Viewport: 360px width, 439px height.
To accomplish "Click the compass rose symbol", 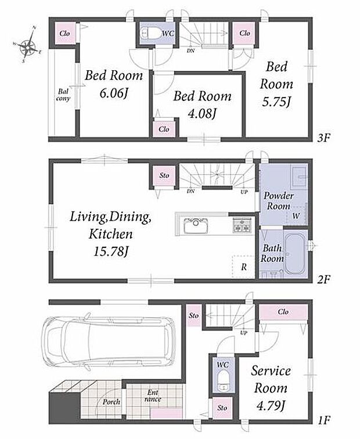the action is pos(28,44).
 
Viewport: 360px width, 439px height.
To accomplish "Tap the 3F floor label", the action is pos(324,138).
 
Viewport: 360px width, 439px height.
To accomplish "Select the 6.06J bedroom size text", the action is pos(114,93).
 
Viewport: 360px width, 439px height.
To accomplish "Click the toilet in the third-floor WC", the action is pos(149,33).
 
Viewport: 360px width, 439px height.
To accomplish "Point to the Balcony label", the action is pos(63,95).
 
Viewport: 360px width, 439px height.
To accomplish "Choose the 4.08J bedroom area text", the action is pos(202,114).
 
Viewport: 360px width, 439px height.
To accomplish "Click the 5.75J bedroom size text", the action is pos(276,102).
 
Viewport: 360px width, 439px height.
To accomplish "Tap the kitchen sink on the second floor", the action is pos(196,225).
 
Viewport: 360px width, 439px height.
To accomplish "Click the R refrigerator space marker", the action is pos(243,267).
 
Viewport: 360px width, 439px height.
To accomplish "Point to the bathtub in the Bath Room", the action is pos(295,254).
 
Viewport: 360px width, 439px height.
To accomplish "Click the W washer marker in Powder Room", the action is pos(296,216).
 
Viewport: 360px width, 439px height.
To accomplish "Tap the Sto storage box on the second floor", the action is pos(164,175).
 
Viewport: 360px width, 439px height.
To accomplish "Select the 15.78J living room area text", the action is pos(111,251).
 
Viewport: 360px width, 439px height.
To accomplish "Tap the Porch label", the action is pos(111,402).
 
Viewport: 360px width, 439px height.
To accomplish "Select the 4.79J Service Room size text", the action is pos(271,405).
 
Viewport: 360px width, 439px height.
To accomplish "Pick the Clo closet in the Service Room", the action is pos(283,312).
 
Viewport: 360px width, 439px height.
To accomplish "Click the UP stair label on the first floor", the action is pos(243,333).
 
